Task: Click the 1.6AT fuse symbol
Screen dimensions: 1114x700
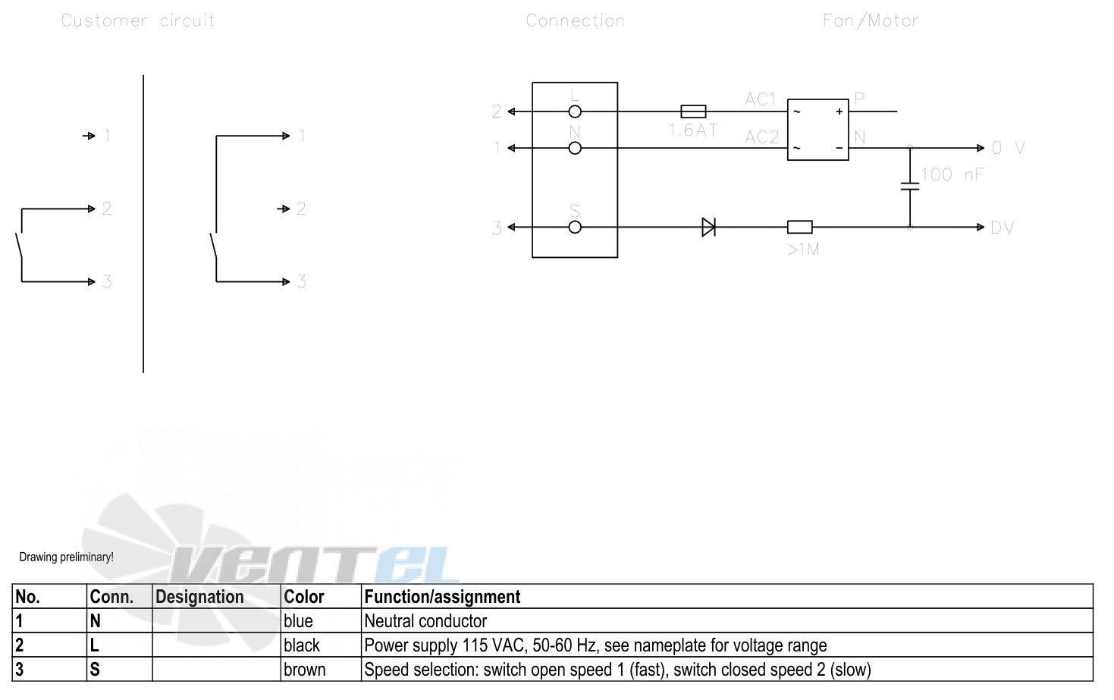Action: tap(693, 111)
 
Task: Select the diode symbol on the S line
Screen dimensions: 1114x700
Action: tap(709, 228)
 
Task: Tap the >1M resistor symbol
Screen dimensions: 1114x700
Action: tap(800, 228)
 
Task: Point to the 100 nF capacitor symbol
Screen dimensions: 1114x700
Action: tap(910, 186)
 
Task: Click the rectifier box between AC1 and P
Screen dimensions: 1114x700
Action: tap(817, 99)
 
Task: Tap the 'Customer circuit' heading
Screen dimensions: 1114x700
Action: tap(138, 20)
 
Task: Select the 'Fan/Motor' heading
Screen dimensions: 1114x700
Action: tap(871, 20)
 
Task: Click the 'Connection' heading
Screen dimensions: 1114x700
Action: tap(575, 20)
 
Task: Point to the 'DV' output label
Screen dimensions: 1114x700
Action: tap(1002, 228)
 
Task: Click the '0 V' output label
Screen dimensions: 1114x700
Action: tap(1008, 148)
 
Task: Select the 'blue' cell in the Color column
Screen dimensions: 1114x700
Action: tap(298, 621)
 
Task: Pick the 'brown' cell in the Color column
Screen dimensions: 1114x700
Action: tap(304, 670)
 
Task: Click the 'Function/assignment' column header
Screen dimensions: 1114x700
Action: tap(442, 597)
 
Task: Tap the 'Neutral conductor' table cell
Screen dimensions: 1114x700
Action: tap(425, 621)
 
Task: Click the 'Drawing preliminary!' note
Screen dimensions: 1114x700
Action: tap(66, 557)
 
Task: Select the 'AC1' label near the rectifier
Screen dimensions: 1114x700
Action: tap(760, 99)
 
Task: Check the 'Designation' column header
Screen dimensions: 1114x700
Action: tap(199, 597)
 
